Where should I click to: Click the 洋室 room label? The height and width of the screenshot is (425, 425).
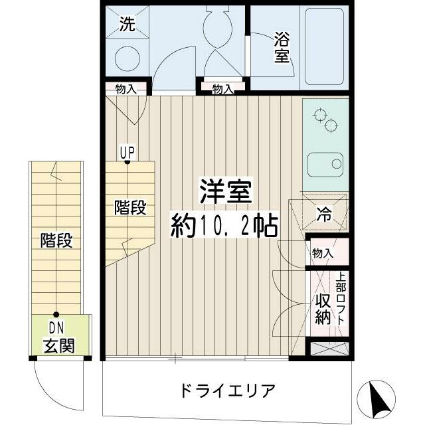(x=225, y=193)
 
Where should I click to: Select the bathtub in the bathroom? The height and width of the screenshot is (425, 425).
(x=325, y=48)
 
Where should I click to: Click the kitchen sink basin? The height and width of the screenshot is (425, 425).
(x=325, y=163)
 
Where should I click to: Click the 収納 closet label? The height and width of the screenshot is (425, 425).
(x=323, y=309)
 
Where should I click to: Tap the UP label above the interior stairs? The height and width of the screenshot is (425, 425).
(x=127, y=152)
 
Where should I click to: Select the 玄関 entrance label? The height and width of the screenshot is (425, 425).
(x=59, y=345)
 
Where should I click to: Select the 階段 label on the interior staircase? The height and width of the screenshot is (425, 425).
(x=130, y=208)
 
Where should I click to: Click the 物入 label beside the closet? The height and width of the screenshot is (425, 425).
(x=323, y=253)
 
